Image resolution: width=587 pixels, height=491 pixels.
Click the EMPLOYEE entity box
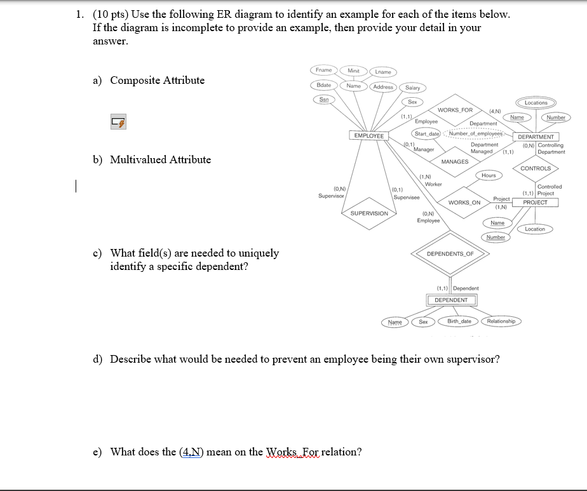[369, 136]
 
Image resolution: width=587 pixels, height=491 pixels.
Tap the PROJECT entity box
[535, 203]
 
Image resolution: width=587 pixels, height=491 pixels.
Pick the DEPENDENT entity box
[450, 300]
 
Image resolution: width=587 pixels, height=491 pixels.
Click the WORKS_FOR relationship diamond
[455, 111]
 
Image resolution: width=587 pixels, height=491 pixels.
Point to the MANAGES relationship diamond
[454, 161]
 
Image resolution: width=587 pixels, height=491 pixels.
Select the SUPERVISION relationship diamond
[369, 213]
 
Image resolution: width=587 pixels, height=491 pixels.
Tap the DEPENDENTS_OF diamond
[450, 253]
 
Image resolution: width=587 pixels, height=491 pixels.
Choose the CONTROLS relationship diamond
[536, 168]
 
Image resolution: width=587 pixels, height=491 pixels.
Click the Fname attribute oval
[323, 69]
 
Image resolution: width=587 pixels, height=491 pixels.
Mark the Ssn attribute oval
[323, 99]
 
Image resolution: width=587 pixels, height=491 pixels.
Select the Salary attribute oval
[412, 88]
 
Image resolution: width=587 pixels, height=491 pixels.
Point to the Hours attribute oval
[489, 175]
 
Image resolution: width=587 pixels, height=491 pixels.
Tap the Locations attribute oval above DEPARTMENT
[536, 102]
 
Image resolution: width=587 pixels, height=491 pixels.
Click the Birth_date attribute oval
[459, 321]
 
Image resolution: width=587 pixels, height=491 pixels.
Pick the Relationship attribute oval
[501, 321]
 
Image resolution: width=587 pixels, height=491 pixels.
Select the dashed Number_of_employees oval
[476, 133]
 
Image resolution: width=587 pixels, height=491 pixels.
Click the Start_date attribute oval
[428, 133]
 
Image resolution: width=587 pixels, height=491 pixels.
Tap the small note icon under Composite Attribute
[118, 122]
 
